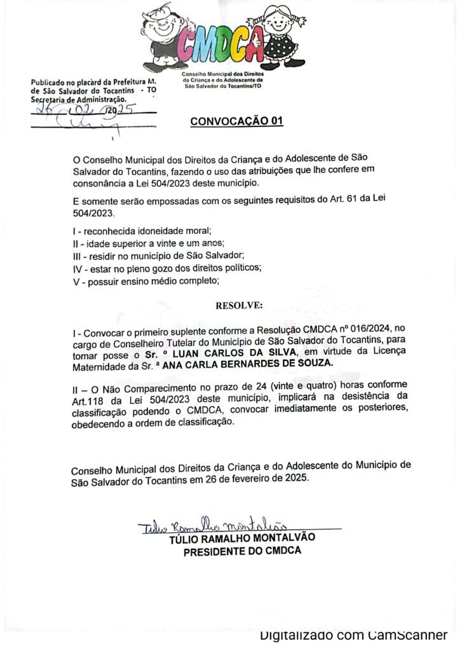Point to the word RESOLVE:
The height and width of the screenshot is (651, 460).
tap(238, 306)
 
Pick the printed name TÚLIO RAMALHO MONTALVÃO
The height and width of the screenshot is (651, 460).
tap(242, 539)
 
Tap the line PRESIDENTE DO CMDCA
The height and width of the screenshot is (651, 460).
tap(242, 551)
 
